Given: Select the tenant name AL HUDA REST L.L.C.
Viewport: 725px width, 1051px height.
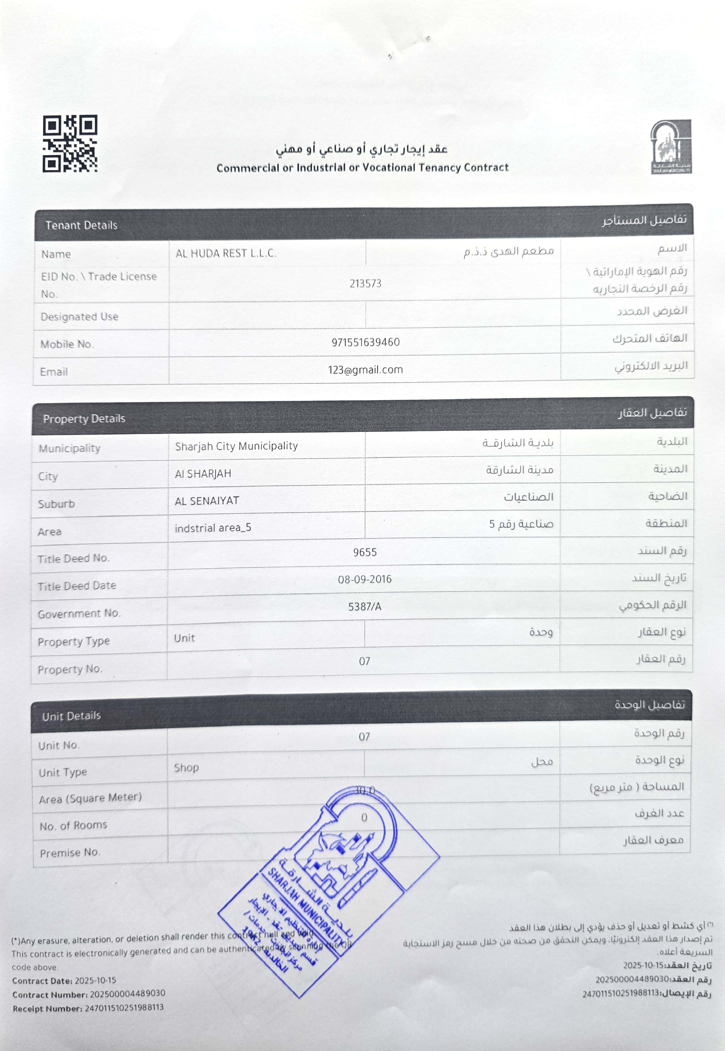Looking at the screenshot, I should [x=226, y=253].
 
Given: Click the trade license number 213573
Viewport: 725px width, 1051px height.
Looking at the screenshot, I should [x=365, y=284].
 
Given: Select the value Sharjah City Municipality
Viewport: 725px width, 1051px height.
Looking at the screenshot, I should [x=236, y=446].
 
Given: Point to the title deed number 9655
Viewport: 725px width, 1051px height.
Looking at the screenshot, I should [x=365, y=552].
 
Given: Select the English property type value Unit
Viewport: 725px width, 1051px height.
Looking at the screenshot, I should [x=184, y=638].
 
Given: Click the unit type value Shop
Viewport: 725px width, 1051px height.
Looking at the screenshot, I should [x=186, y=767].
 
